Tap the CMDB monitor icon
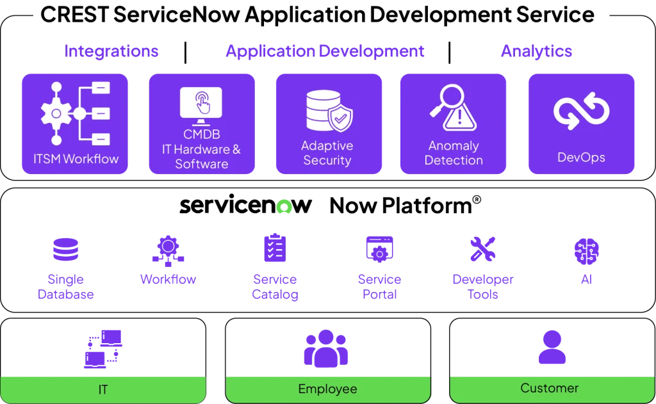(202, 106)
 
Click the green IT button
(103, 389)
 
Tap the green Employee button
(327, 389)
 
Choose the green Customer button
(549, 388)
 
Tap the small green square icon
(284, 207)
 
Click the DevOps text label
(581, 157)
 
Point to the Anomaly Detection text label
(454, 153)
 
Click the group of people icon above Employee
(325, 348)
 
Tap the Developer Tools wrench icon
(482, 250)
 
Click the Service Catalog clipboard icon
(274, 249)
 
